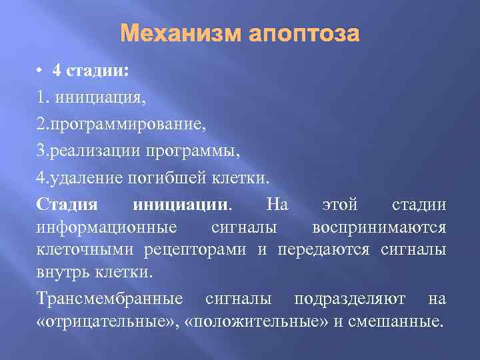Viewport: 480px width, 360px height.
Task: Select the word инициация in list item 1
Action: coord(101,99)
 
